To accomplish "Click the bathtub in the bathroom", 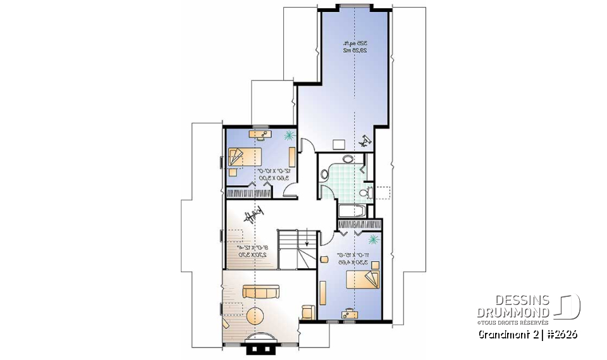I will (x=353, y=211).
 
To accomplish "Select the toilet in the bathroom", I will (x=363, y=193).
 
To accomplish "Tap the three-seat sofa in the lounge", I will (x=261, y=292).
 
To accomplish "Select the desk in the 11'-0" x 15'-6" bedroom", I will (x=348, y=313).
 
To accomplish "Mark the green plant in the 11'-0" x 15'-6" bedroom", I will (x=373, y=239).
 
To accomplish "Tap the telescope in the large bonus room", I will (x=365, y=142).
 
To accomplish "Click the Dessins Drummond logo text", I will (x=513, y=306).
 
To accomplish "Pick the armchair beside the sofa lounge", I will (x=309, y=311).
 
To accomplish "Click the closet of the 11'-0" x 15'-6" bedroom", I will (x=360, y=225).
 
